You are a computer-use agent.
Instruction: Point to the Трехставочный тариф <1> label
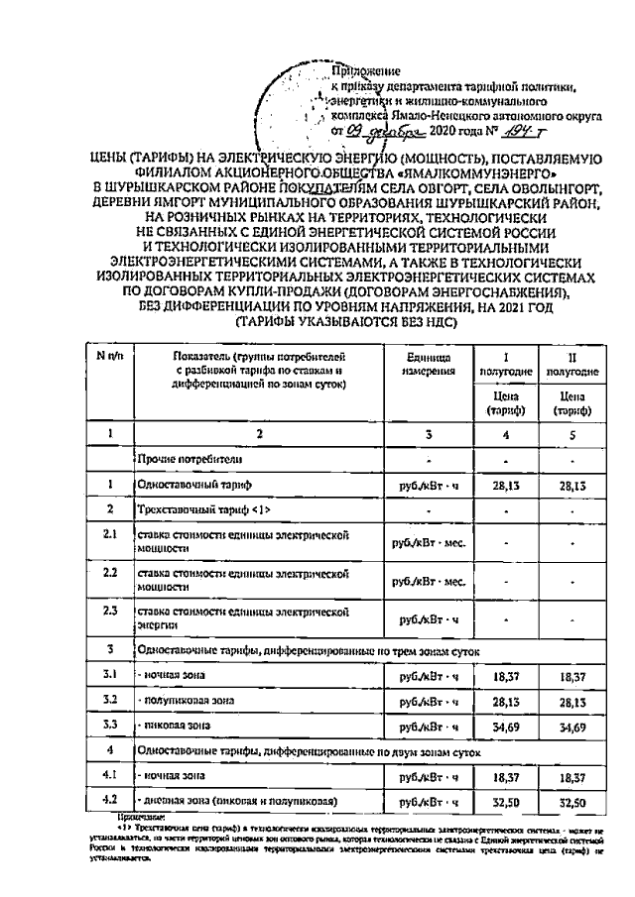pos(204,508)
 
